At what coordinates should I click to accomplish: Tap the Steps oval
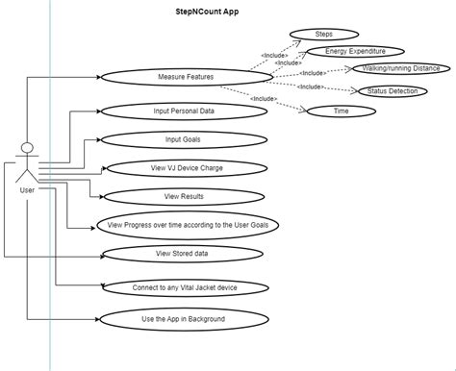click(323, 34)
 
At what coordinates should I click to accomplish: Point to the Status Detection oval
click(392, 91)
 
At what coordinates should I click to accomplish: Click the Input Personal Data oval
click(183, 111)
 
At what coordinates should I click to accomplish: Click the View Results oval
click(183, 196)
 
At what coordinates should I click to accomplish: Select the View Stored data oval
click(183, 254)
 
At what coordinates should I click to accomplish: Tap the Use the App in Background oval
click(183, 318)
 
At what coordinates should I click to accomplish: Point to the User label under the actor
click(27, 190)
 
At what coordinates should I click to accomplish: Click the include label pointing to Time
click(265, 99)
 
